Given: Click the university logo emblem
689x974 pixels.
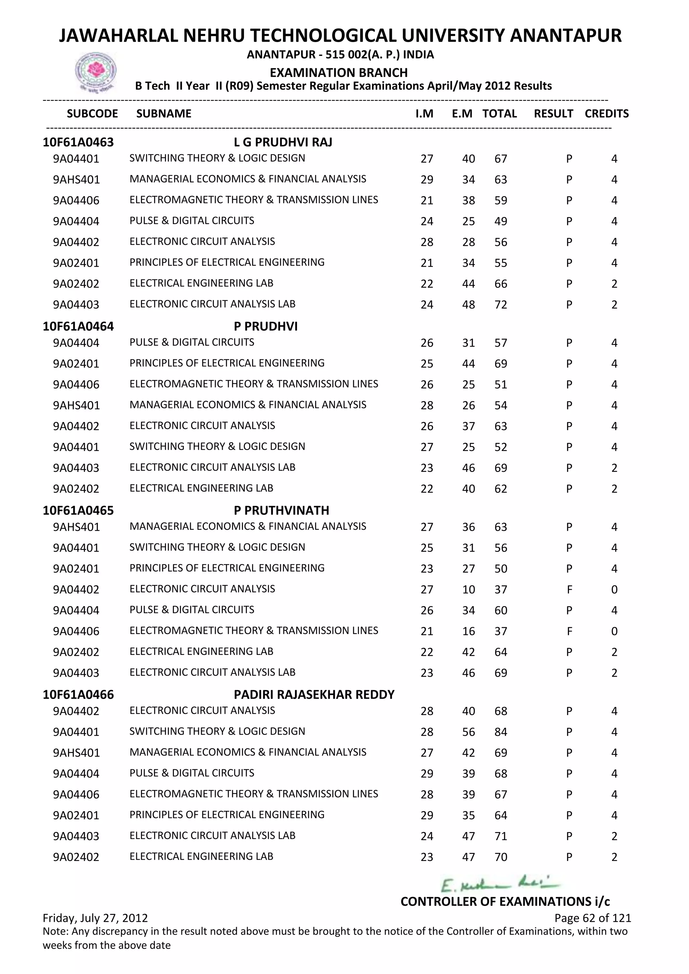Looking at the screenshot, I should [x=96, y=72].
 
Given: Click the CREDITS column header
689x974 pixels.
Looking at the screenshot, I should [x=606, y=114].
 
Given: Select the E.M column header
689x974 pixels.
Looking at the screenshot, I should [x=462, y=114].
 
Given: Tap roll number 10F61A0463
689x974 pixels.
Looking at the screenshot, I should [x=78, y=142].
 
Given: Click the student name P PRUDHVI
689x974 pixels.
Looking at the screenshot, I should [x=265, y=326].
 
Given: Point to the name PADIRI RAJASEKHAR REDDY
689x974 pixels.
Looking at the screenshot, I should [x=314, y=695].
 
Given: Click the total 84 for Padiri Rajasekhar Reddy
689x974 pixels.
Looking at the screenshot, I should [x=501, y=732].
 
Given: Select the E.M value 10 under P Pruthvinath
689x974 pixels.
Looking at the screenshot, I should [x=468, y=589].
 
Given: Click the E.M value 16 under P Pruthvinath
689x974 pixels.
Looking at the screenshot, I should [x=468, y=631].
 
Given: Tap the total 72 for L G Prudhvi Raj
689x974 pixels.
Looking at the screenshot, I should [x=501, y=305].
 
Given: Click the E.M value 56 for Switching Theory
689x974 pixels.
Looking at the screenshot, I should [x=468, y=732].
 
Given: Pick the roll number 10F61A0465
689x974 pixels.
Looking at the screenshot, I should [x=78, y=510].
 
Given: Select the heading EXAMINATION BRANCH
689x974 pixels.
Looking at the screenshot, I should [x=338, y=73].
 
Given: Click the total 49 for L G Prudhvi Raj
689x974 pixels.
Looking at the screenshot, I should [x=501, y=221].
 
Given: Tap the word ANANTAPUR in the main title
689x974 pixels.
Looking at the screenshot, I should [x=565, y=36].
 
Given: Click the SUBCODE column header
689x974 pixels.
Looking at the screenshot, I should [x=92, y=114].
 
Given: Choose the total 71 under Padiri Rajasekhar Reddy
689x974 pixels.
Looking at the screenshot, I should [x=501, y=836].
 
